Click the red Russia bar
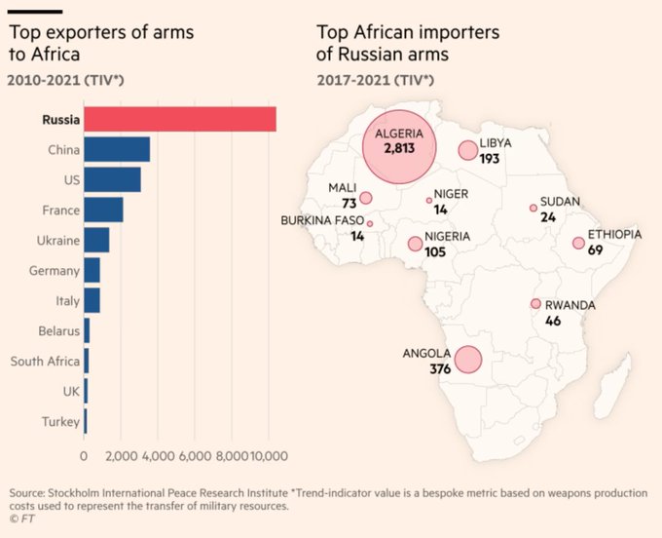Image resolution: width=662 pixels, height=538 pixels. coord(180,120)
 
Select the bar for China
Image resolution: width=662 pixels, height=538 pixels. coord(117,150)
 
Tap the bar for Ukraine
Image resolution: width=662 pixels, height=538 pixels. coord(96,241)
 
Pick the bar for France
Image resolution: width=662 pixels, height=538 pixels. coord(103,211)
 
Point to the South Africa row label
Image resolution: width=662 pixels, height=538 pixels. coord(45,362)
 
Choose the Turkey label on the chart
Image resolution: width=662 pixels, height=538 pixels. coord(60,422)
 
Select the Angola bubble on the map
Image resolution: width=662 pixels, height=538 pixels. coord(467,361)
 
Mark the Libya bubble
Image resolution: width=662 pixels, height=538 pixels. coord(468,150)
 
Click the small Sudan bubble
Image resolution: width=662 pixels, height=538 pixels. coord(533,208)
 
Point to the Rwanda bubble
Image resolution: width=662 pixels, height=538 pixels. coord(534,304)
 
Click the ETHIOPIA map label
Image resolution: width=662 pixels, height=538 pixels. coord(614,235)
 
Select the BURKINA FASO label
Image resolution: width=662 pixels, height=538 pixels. coord(323,221)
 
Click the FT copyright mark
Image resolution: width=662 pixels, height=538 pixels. coord(18,519)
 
